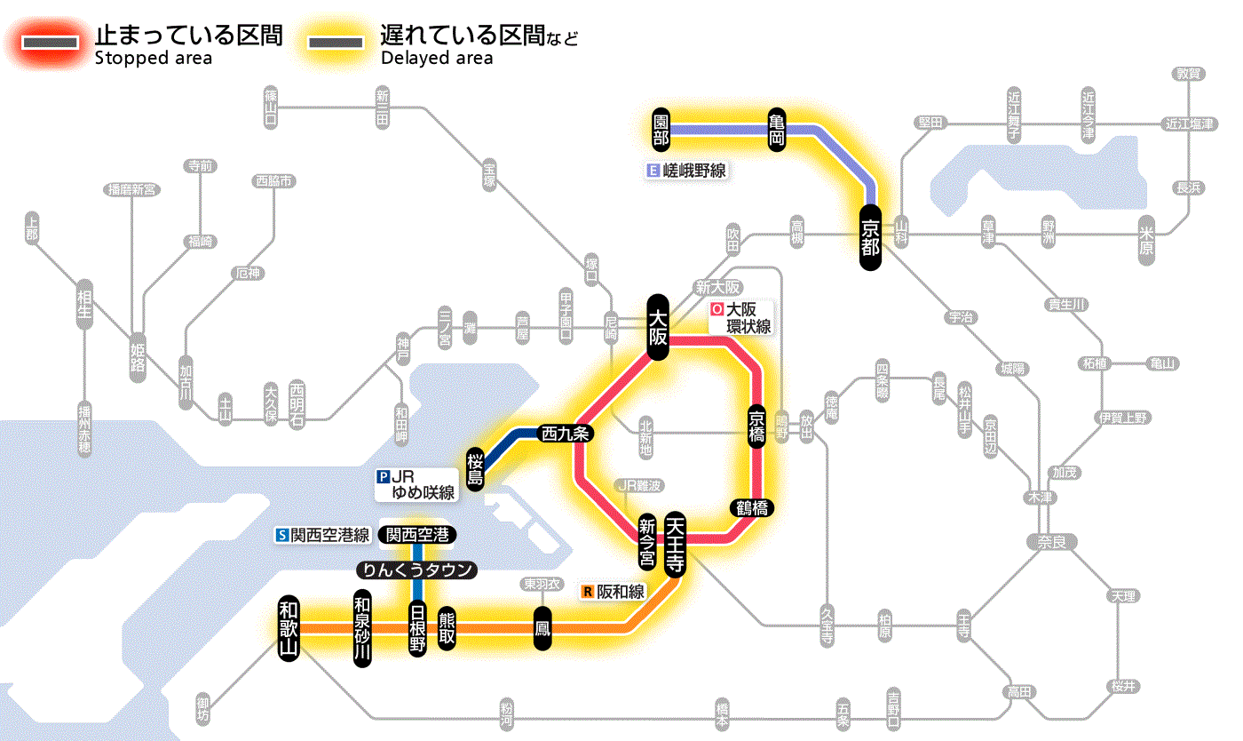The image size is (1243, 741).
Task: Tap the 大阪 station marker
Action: click(x=658, y=327)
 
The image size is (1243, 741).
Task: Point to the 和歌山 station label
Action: click(x=289, y=628)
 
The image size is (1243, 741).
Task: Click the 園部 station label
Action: click(x=661, y=130)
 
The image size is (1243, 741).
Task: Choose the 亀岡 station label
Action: click(x=777, y=130)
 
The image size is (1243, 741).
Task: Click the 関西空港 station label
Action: click(x=416, y=535)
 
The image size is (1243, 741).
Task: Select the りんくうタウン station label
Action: click(x=416, y=570)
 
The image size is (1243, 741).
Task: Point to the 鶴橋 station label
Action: click(x=752, y=508)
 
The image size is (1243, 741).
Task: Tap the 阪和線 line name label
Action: click(x=614, y=591)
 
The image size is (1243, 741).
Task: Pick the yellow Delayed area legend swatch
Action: click(x=335, y=43)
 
